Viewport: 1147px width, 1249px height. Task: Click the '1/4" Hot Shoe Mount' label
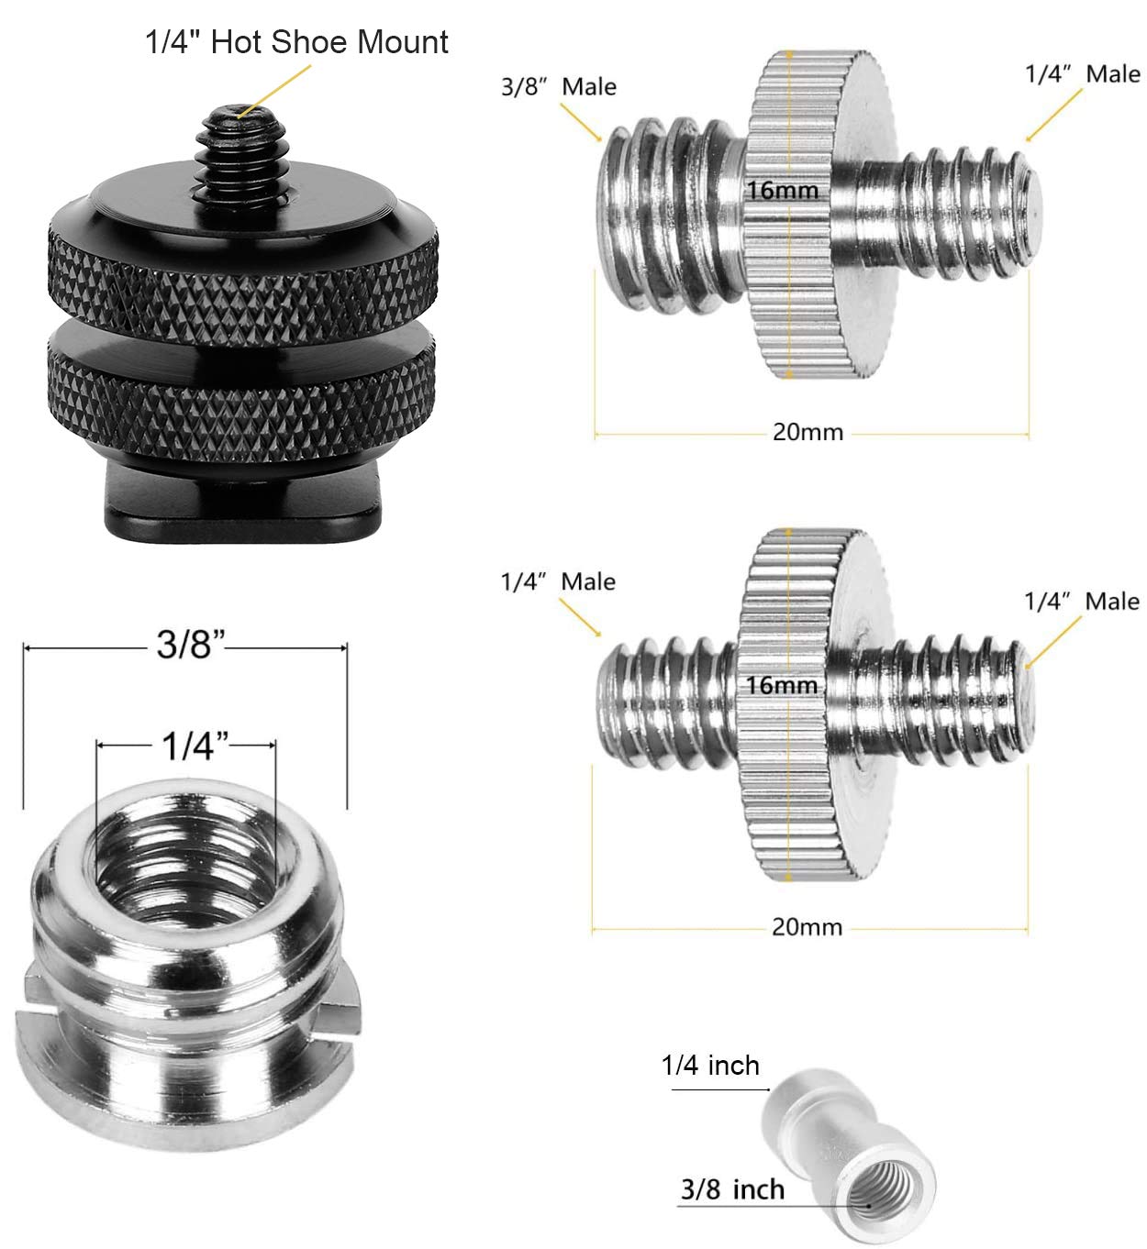[296, 42]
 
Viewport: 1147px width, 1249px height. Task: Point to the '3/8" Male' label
[558, 87]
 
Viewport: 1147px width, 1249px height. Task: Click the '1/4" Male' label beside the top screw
[1082, 74]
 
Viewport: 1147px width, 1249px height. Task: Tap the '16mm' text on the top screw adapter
[782, 192]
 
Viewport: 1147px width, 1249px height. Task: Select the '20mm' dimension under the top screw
[807, 432]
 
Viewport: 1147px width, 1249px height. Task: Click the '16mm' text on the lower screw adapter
[781, 685]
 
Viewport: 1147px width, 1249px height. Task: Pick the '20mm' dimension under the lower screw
[807, 927]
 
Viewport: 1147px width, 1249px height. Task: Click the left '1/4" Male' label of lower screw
[558, 581]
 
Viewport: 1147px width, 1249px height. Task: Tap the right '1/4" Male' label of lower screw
[1082, 602]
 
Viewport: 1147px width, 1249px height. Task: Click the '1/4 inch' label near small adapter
[710, 1066]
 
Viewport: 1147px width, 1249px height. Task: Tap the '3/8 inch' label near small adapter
[732, 1190]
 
